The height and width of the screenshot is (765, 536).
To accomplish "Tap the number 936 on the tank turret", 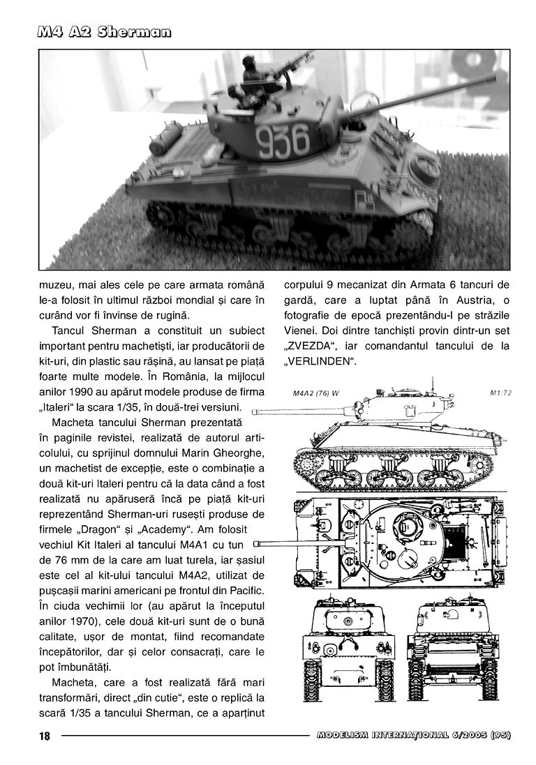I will [283, 141].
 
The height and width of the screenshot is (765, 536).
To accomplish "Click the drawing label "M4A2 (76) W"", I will [311, 393].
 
